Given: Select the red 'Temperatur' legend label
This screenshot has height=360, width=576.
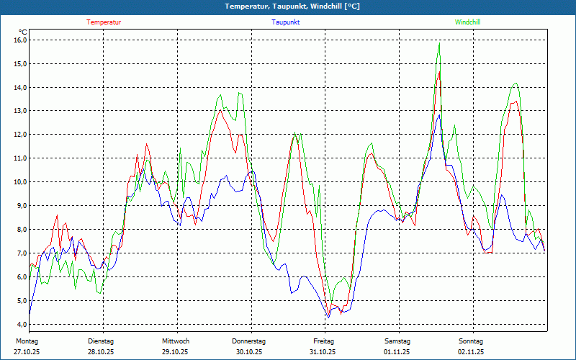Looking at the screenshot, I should [104, 22].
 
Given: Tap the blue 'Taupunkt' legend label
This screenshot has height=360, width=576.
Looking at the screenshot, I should [286, 22].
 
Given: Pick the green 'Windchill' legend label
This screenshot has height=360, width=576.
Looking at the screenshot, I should [468, 22].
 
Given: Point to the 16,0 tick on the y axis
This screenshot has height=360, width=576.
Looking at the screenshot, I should [20, 40].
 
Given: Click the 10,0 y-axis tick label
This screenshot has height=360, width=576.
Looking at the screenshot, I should [20, 181].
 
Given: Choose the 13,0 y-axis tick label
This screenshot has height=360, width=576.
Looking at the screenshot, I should [20, 111].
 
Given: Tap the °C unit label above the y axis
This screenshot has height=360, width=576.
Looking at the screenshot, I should [23, 32].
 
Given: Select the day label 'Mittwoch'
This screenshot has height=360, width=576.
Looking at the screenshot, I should [176, 341].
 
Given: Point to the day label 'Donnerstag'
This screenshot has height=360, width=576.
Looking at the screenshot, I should [249, 341].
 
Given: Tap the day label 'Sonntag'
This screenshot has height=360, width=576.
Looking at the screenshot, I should [471, 341].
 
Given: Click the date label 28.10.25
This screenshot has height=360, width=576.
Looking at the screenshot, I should [101, 352].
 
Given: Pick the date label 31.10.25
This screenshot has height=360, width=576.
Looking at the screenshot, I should [323, 352].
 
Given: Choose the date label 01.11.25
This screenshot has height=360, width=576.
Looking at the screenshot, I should [397, 352].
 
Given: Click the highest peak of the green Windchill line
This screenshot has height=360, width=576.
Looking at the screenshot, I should [439, 43].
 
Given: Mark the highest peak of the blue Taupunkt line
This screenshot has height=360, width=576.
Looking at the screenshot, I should [438, 114].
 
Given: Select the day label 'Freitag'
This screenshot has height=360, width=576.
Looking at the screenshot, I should [324, 341].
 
